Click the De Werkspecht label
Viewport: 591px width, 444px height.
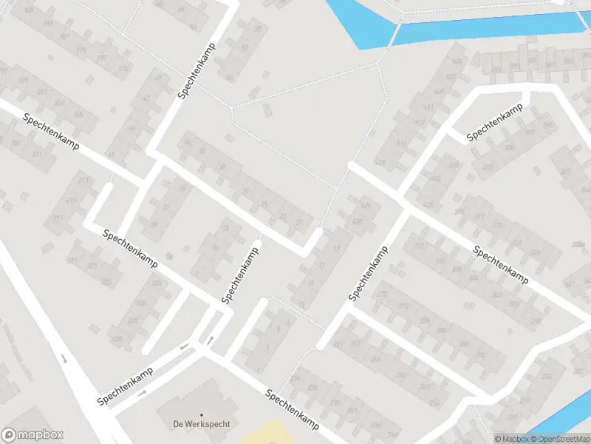[202, 424]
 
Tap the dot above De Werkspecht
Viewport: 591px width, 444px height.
[202, 414]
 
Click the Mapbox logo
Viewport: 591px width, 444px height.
[33, 435]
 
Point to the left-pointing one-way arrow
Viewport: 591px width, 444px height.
[185, 346]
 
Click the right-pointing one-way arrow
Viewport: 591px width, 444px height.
[142, 393]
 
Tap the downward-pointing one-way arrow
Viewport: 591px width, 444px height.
[64, 359]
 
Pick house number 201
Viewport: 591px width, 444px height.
[41, 92]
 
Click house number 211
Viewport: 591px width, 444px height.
[36, 155]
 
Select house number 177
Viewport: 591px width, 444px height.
[102, 58]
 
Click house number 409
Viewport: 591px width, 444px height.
[440, 92]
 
